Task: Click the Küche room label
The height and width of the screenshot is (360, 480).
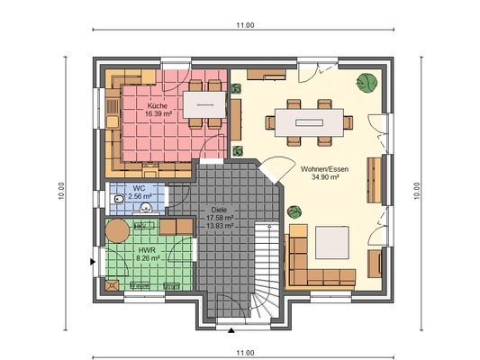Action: [x=158, y=107]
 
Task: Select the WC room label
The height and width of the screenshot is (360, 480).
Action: [x=138, y=188]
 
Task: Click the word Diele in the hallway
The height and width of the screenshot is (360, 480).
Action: [x=219, y=209]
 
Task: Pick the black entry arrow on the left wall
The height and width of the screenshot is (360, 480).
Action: [x=93, y=262]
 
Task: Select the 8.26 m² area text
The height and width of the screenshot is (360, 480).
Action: [x=147, y=258]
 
